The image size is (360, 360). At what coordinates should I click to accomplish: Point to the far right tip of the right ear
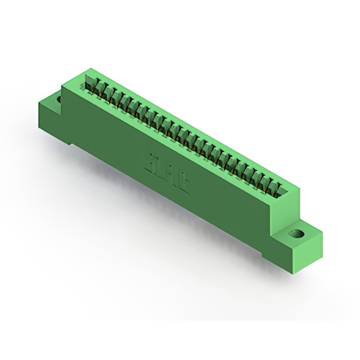click(323, 232)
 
